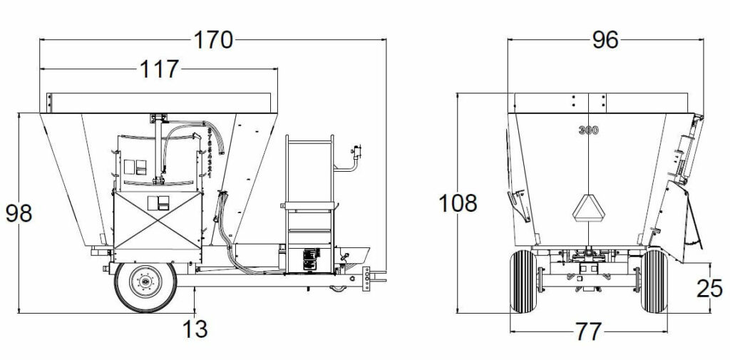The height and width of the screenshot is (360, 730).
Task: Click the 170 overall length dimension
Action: (x=213, y=41)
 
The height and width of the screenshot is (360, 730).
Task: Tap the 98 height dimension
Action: (x=19, y=212)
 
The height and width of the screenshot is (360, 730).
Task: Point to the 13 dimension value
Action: (x=194, y=329)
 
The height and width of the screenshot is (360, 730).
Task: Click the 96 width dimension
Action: (x=605, y=41)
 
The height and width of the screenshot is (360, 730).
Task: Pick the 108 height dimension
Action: (x=458, y=203)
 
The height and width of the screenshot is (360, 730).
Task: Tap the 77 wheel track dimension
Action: (x=588, y=331)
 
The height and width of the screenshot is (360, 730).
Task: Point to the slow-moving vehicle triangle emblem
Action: (x=588, y=207)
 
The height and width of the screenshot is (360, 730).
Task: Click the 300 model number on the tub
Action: (x=588, y=130)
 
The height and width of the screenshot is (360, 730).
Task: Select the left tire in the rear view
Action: (x=523, y=282)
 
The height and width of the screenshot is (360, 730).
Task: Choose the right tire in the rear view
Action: (x=654, y=282)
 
